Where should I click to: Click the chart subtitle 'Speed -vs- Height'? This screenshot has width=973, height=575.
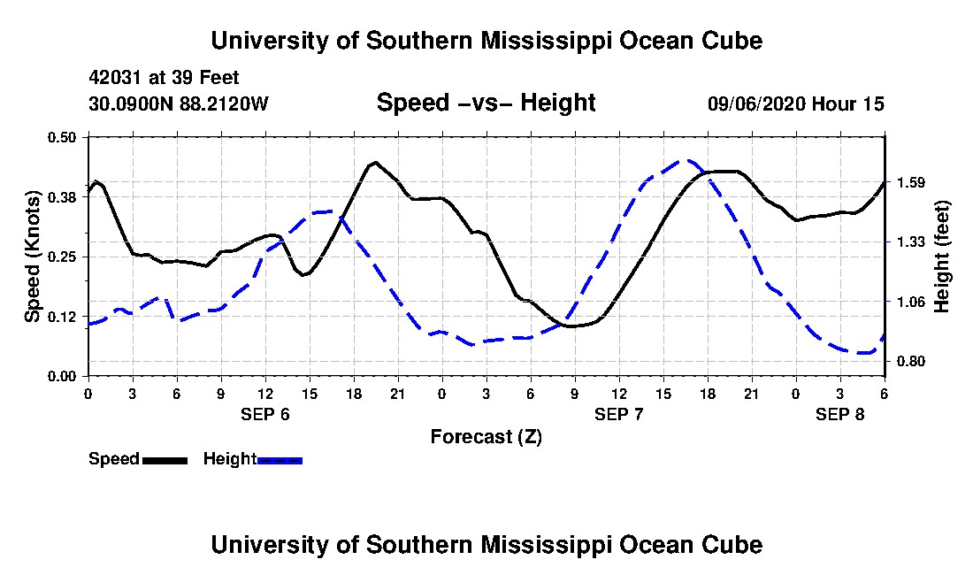[x=486, y=103]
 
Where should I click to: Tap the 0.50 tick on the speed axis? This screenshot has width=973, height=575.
[x=63, y=137]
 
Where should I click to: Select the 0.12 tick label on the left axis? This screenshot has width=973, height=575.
[x=63, y=317]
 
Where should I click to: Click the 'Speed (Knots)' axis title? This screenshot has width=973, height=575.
[x=32, y=257]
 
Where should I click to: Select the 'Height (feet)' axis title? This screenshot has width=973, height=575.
[x=943, y=257]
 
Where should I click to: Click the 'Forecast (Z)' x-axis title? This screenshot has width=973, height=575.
[x=486, y=436]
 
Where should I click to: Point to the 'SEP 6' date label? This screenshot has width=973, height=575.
[x=265, y=414]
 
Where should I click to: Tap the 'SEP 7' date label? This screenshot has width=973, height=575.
[x=619, y=414]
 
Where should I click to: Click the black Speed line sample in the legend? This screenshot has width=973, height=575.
[x=165, y=460]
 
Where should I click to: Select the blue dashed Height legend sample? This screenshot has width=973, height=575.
[x=280, y=460]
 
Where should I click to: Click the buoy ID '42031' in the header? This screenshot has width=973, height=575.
[x=112, y=78]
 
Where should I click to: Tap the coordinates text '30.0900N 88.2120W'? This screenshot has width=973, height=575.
[x=178, y=103]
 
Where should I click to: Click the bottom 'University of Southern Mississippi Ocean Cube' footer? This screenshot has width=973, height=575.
[x=486, y=544]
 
